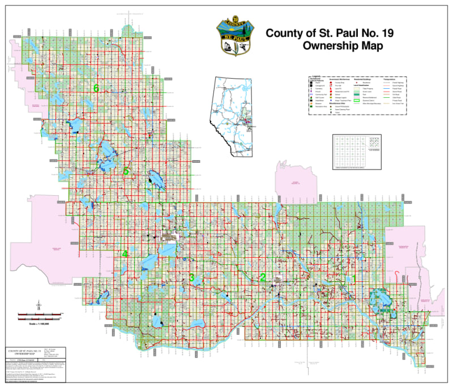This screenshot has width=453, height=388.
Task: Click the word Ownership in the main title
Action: [x=332, y=46]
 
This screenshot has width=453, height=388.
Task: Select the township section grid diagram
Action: [x=356, y=150]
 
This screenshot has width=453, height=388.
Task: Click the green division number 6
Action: [x=96, y=88]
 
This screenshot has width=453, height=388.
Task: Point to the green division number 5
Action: [x=127, y=170]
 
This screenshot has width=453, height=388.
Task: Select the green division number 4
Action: [x=125, y=254]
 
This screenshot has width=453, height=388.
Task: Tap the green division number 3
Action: [x=192, y=277]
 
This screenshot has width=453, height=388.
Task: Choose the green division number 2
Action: [x=262, y=277]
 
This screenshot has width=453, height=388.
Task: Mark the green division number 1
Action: [x=354, y=278]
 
